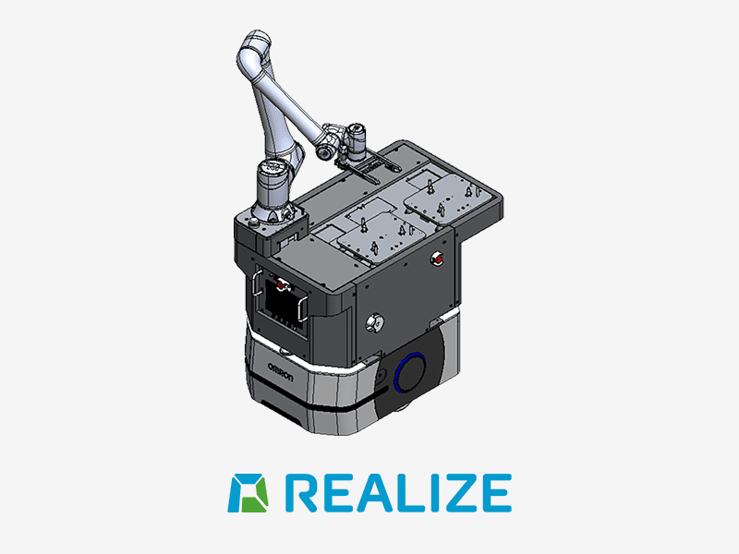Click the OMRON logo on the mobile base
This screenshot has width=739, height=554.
click(x=281, y=372)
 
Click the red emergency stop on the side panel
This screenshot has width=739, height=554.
click(x=437, y=259)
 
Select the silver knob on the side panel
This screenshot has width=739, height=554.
click(x=375, y=322)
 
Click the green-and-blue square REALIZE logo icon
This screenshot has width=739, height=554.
click(x=248, y=493)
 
